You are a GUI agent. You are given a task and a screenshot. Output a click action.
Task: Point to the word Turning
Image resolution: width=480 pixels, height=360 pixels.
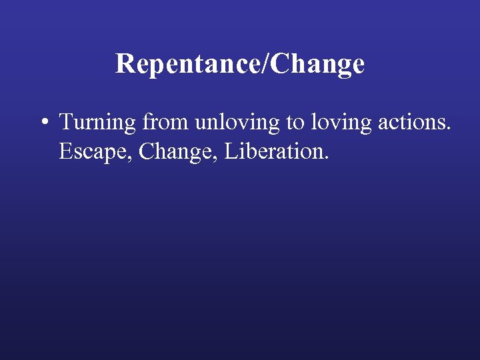click(x=98, y=123)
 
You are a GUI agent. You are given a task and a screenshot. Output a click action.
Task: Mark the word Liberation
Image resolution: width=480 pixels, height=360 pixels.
click(x=275, y=151)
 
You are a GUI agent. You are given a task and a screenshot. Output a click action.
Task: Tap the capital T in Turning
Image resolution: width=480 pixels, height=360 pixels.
click(x=66, y=122)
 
